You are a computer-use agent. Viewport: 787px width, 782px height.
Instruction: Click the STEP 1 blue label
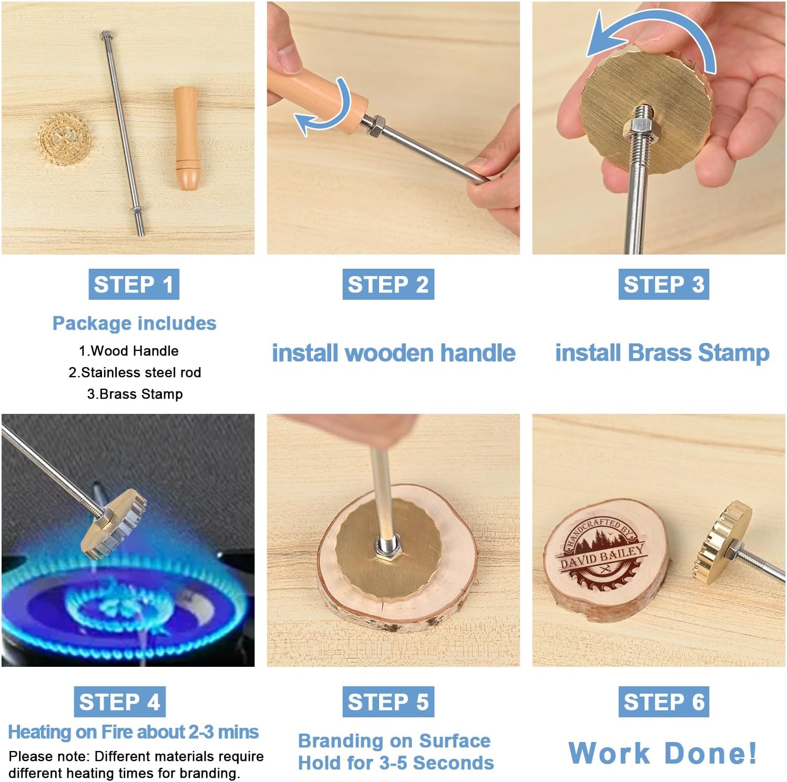[x=134, y=285]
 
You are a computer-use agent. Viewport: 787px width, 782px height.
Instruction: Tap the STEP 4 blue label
[x=119, y=702]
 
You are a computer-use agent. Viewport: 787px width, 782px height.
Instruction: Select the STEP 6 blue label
[x=663, y=702]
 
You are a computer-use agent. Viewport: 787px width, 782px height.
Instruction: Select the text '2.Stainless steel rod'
[x=135, y=372]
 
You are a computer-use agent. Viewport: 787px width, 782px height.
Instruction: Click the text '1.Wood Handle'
[x=129, y=351]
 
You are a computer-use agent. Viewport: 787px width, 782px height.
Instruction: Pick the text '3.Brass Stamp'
[x=135, y=394]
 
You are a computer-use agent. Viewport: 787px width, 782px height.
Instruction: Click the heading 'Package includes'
[x=134, y=323]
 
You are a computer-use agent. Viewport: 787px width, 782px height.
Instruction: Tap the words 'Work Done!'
[x=663, y=753]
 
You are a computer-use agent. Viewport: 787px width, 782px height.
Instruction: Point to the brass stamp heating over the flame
[x=115, y=524]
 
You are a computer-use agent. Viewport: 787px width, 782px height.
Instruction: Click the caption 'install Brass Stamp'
[x=662, y=352]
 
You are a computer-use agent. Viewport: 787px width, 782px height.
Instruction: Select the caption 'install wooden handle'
[x=393, y=352]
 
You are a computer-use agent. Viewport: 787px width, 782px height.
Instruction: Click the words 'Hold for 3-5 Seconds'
[x=396, y=763]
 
